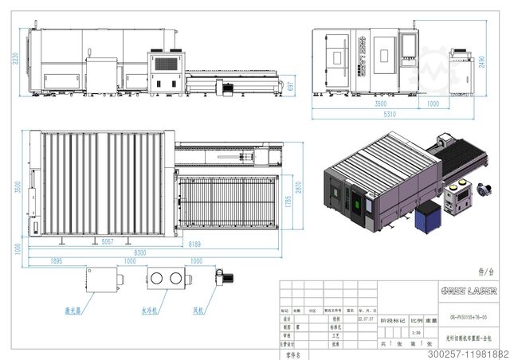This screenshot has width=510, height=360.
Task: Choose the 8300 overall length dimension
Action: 139,252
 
